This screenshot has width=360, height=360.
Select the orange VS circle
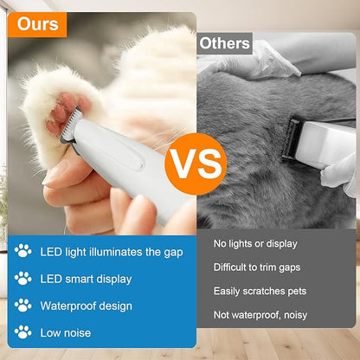point(195,162)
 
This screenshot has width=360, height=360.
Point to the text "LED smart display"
point(86,279)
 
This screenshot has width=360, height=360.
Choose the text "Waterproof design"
point(86,305)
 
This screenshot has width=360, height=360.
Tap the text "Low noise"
point(65,333)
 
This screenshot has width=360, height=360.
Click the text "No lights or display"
point(254,244)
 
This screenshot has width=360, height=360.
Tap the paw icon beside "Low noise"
point(22,333)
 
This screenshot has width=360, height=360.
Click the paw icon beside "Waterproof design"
point(22,305)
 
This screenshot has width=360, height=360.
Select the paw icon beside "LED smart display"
point(22,279)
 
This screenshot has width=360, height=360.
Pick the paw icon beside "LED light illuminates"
point(22,251)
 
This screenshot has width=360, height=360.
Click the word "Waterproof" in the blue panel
point(68,305)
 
